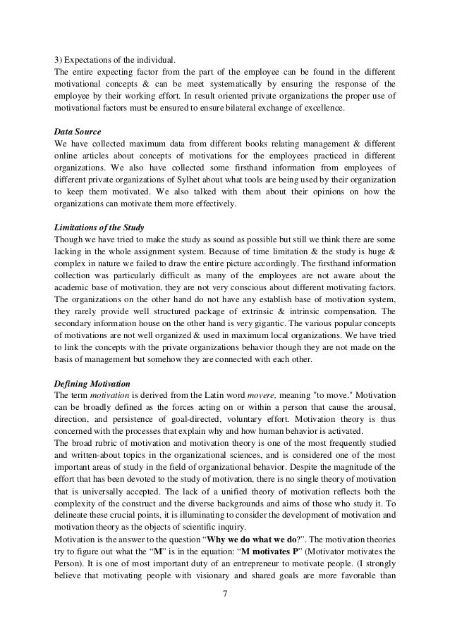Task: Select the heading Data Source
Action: [78, 132]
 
